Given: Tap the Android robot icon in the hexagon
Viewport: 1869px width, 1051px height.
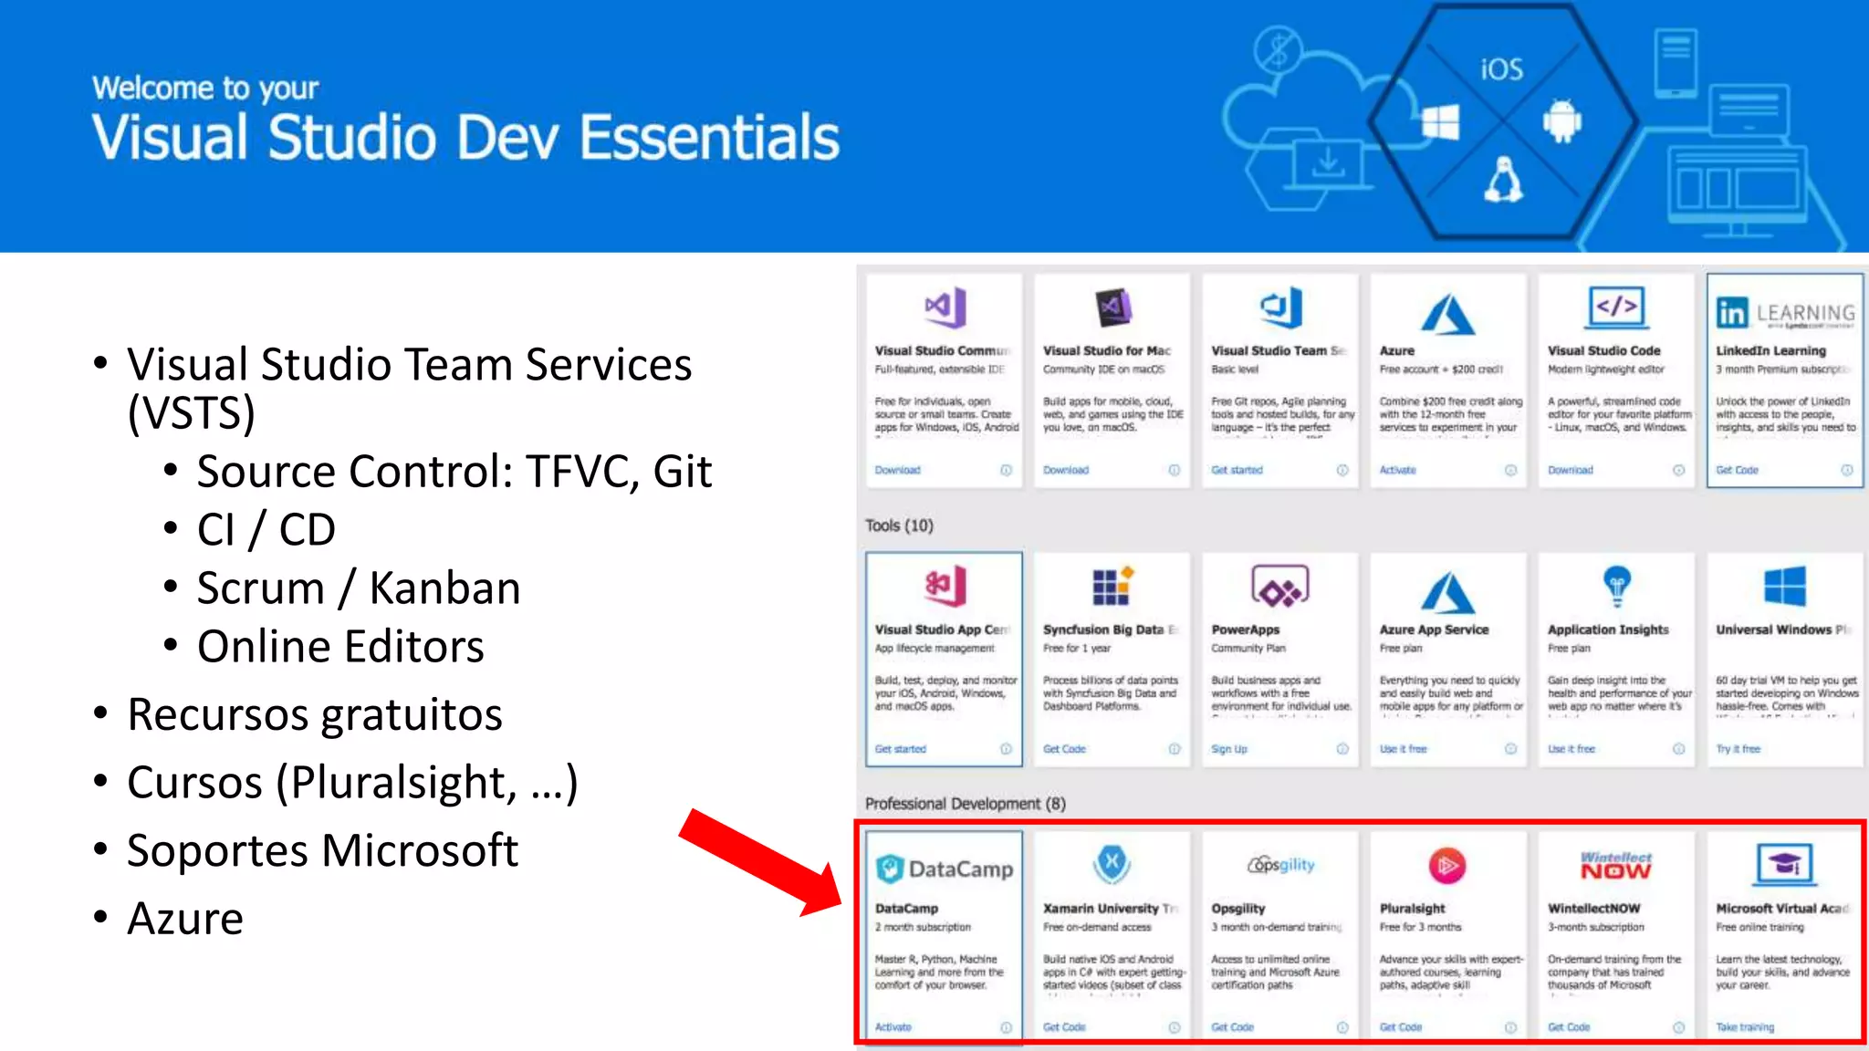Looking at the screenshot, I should click(1561, 120).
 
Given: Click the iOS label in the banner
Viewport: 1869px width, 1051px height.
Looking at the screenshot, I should click(1501, 69).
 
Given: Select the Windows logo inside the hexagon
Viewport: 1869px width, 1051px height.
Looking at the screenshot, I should click(1440, 122).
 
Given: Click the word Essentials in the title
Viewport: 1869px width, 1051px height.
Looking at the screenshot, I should click(709, 138).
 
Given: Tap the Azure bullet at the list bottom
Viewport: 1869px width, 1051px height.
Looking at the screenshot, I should click(185, 918).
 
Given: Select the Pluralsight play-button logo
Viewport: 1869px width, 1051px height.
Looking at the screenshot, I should click(1446, 865).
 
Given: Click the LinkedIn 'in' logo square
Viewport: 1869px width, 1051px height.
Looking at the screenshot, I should click(1731, 313).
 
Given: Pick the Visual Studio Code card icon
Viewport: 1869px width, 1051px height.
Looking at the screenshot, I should click(1616, 307).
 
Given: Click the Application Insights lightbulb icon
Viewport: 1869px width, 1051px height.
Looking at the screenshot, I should click(1616, 586).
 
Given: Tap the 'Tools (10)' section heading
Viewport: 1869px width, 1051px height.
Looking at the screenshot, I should click(899, 525).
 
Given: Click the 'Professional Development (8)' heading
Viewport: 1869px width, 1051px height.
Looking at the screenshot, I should click(965, 804).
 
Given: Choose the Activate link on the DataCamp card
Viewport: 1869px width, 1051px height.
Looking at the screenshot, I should click(893, 1027).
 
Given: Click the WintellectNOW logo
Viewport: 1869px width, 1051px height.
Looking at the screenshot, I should click(1615, 865).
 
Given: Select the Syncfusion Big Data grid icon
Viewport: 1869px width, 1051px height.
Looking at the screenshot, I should click(1112, 586).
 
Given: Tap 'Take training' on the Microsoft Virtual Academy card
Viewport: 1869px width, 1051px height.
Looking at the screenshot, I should click(1745, 1027).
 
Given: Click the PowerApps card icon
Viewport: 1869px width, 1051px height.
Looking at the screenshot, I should click(1279, 586).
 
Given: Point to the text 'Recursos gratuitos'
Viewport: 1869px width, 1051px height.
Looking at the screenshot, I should click(315, 714).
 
